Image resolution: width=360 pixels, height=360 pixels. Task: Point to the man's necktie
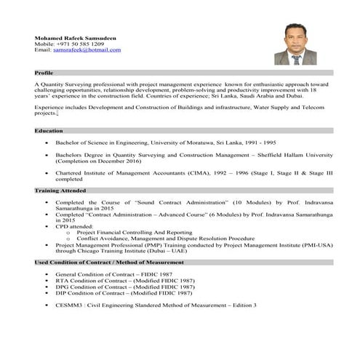(297, 59)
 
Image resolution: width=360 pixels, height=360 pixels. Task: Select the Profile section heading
(44, 73)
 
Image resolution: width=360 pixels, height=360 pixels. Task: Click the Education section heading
(48, 130)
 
